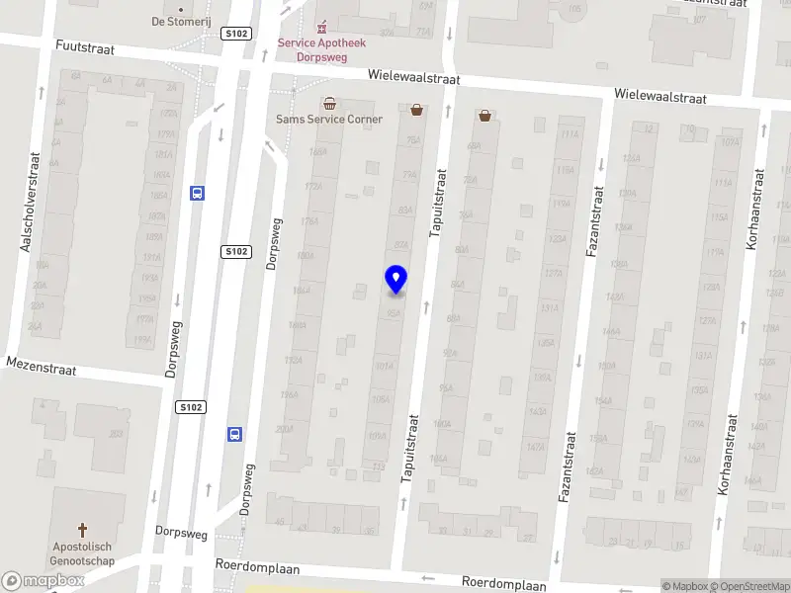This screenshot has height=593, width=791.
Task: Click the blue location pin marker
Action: tap(395, 278)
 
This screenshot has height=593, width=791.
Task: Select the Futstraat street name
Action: tap(85, 47)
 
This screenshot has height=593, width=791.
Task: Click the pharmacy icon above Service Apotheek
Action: tap(319, 27)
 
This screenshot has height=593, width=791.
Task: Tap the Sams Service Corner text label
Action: tap(328, 120)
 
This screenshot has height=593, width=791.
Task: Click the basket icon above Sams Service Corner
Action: tap(328, 104)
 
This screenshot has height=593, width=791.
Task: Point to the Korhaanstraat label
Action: tap(752, 208)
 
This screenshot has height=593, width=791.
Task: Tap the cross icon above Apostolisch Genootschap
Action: tap(83, 529)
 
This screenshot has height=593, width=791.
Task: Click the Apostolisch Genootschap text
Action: tap(83, 552)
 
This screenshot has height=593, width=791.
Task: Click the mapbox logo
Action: tap(43, 581)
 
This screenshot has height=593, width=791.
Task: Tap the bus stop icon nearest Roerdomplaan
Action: tap(235, 433)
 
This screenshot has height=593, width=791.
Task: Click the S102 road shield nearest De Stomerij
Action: tap(237, 33)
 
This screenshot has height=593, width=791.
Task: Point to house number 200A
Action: tap(285, 430)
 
